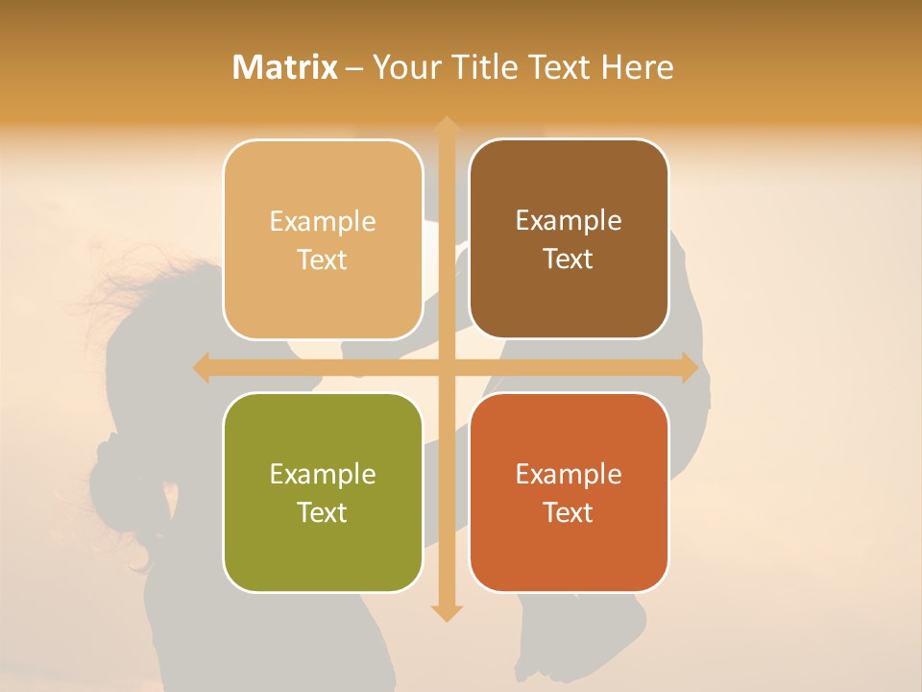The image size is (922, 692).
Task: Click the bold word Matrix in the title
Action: coord(285,67)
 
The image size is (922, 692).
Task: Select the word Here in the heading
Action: coord(638,67)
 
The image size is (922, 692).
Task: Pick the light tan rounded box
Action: coord(323,239)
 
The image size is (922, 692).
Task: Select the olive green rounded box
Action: coord(323,492)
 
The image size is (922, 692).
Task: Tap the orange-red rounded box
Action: coord(569,492)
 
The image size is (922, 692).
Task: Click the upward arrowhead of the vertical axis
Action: coord(446,125)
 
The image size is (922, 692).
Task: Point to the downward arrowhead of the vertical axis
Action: coord(446,613)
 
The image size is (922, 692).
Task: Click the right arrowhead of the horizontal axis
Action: coord(690,368)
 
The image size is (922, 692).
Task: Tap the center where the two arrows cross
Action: coord(446,368)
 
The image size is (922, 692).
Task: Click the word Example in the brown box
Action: coord(569,221)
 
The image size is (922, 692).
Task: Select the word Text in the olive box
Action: coord(322,512)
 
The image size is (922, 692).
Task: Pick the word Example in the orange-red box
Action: coord(569,474)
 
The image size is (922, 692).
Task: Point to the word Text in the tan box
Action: coord(322,259)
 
